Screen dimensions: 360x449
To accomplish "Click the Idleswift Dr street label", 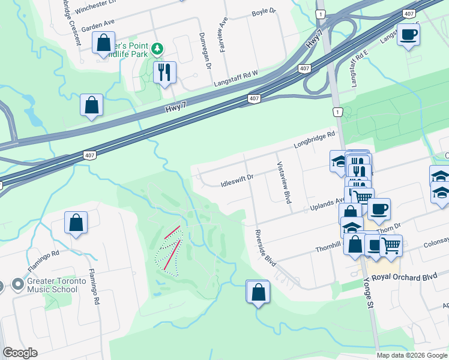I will click(238, 178).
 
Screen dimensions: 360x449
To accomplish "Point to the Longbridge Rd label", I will click(314, 141).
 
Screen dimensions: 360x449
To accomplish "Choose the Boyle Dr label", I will click(263, 11).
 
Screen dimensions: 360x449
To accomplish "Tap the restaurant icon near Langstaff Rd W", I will click(164, 73).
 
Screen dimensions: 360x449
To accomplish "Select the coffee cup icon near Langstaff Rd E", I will click(408, 35).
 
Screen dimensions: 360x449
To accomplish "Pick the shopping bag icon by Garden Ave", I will click(104, 43).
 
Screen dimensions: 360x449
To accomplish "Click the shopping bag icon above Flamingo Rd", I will click(76, 223).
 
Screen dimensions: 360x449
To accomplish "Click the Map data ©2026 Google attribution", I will click(412, 355).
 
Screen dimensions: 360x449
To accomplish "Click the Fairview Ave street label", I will click(223, 35).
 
